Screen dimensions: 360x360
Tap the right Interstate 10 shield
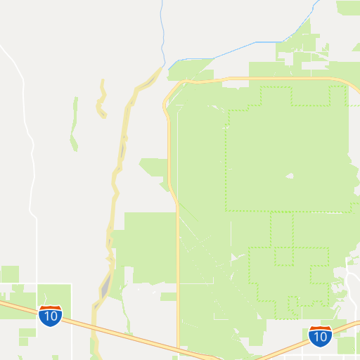coord(320,336)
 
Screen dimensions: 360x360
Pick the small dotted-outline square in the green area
coord(284,256)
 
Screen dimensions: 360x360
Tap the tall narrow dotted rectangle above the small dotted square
coord(282,229)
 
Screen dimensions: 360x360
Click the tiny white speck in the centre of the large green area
coord(288,176)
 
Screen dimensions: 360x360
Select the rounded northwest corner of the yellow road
coord(171,90)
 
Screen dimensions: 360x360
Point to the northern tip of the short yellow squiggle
coord(103,80)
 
